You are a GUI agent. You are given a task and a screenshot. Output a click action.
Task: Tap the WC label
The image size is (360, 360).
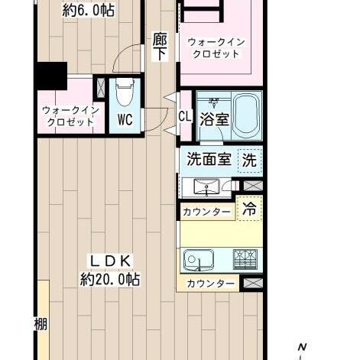(x=125, y=119)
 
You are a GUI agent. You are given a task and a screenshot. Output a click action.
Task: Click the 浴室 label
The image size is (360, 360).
(x=214, y=119)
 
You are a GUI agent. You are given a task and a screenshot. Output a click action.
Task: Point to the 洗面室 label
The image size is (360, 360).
(x=209, y=159)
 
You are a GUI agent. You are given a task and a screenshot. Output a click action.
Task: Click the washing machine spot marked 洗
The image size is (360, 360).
(x=249, y=161)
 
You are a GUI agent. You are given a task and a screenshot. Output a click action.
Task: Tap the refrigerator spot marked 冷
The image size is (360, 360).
(x=249, y=208)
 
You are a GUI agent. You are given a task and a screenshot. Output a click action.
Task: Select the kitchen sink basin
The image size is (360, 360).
(x=199, y=260)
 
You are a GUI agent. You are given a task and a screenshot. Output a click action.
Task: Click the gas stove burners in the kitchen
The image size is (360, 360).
(x=245, y=260)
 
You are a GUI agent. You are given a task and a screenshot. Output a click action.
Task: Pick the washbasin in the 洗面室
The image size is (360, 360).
(x=206, y=188)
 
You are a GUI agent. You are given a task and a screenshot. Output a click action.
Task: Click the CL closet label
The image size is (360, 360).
(x=185, y=117)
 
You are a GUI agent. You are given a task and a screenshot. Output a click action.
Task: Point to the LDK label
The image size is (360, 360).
(x=110, y=261)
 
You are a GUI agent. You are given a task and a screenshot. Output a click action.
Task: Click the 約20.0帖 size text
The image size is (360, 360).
(x=110, y=280)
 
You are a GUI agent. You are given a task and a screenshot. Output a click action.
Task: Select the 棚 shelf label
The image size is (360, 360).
(x=41, y=324)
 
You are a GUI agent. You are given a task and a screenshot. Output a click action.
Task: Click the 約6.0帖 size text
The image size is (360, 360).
(x=89, y=11)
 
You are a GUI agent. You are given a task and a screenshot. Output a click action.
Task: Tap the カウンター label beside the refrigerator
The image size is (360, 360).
(x=206, y=212)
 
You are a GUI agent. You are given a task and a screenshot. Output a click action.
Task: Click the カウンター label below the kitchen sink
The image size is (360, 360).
(x=210, y=284)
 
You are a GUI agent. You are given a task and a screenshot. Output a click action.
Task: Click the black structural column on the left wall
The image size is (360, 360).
(x=51, y=76)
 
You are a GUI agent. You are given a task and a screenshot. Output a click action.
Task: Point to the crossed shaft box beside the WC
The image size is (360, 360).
(x=101, y=87)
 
